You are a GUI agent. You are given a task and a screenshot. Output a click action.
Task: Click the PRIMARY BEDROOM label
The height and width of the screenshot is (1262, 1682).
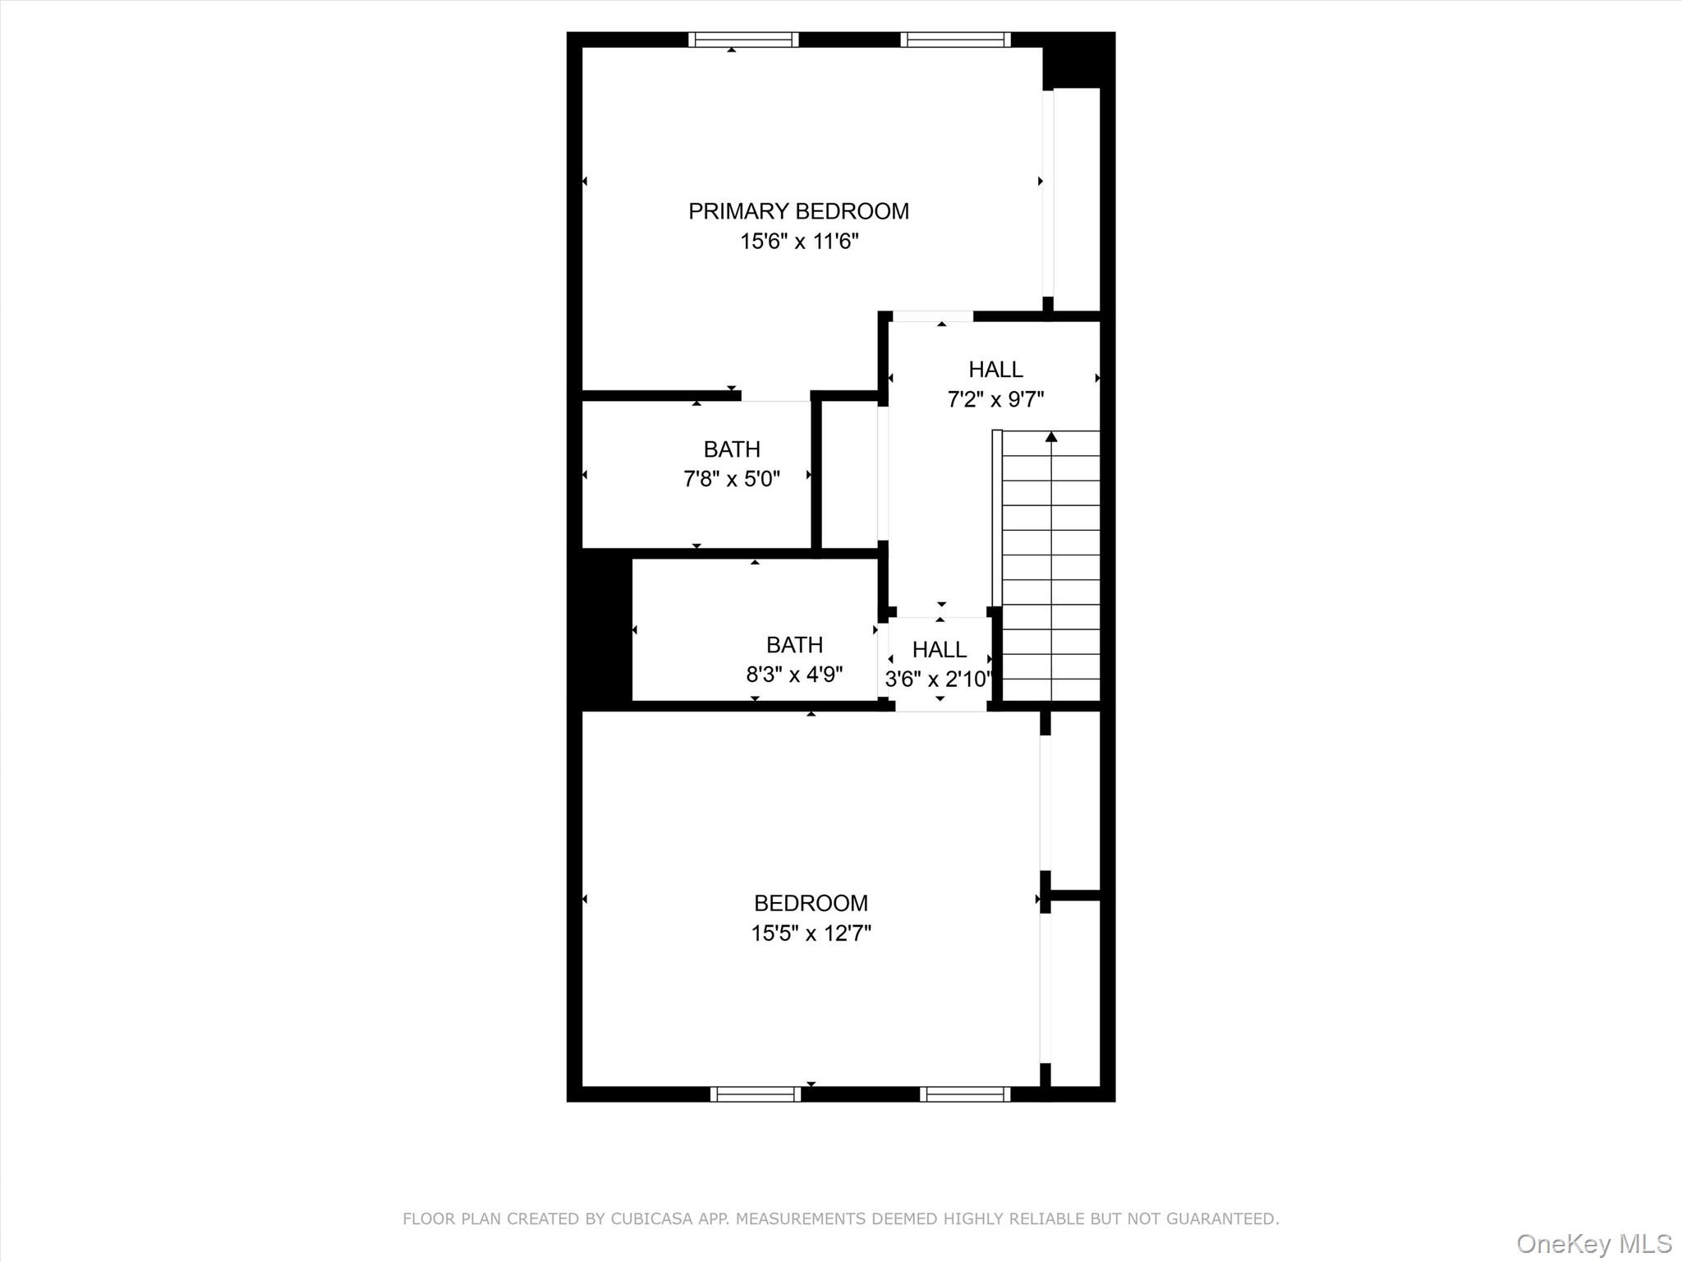[798, 211]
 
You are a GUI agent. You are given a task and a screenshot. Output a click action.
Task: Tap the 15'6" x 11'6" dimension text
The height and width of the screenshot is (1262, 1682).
[799, 242]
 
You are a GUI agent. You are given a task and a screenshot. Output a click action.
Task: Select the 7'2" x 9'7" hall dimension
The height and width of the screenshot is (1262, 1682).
[995, 399]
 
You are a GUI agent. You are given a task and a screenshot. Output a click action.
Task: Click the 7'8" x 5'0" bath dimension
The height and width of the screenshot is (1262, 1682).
[732, 478]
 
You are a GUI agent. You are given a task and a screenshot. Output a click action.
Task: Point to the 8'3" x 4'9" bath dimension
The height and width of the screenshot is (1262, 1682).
[794, 675]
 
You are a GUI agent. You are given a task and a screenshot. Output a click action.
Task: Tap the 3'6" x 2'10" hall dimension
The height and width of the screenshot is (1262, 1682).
[939, 679]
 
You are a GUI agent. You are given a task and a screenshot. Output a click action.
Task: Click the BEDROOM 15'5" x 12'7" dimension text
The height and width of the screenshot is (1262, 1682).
[811, 933]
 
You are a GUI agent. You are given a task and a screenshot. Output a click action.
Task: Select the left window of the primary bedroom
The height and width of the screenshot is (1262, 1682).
[743, 39]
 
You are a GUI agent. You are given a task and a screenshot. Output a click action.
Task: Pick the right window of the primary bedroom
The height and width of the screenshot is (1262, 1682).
[955, 39]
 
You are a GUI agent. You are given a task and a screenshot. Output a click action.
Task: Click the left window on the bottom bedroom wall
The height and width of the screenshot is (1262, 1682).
[756, 1094]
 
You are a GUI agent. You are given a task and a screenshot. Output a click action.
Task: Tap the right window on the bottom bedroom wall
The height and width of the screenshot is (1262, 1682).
[965, 1094]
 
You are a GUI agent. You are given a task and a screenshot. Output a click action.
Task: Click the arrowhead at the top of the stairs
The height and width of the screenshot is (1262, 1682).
[1051, 437]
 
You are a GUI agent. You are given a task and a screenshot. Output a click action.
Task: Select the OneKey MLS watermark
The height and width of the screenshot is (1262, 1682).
[1593, 1243]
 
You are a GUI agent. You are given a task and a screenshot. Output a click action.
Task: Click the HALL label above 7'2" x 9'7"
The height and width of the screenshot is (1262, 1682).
[995, 370]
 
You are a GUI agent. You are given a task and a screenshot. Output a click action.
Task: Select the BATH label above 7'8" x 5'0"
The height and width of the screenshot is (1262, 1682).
[732, 449]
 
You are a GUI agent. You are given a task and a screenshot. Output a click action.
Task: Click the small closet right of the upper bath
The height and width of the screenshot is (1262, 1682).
[849, 475]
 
